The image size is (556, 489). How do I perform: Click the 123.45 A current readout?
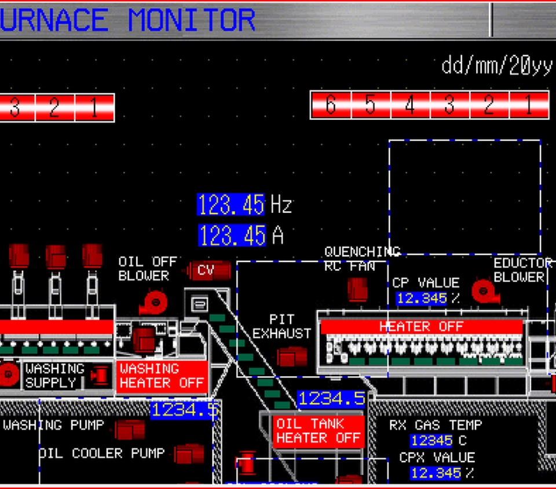pyautogui.click(x=232, y=236)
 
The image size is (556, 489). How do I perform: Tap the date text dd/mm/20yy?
pyautogui.click(x=496, y=66)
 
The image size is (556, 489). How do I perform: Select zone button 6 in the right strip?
pyautogui.click(x=331, y=105)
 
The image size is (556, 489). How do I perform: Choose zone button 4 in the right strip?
pyautogui.click(x=410, y=105)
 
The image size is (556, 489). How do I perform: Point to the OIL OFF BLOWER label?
pyautogui.click(x=147, y=269)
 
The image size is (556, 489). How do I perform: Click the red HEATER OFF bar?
pyautogui.click(x=421, y=326)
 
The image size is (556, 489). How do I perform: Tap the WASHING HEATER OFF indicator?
pyautogui.click(x=162, y=376)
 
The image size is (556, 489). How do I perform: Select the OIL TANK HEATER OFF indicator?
pyautogui.click(x=319, y=431)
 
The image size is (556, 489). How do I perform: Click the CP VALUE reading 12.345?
pyautogui.click(x=422, y=299)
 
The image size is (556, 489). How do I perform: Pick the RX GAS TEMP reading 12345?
pyautogui.click(x=431, y=440)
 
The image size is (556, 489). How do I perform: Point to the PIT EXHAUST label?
pyautogui.click(x=281, y=326)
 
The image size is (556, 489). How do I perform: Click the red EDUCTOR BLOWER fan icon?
pyautogui.click(x=482, y=291)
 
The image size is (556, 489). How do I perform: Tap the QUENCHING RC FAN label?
pyautogui.click(x=361, y=259)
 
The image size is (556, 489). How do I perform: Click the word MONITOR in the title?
pyautogui.click(x=191, y=20)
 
